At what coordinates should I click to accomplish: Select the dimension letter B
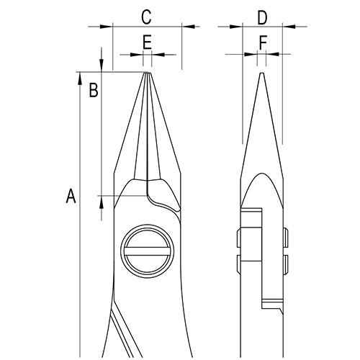93,90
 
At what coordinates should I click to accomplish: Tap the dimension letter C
146,15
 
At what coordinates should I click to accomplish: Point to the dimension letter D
262,15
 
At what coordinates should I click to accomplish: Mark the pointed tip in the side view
262,71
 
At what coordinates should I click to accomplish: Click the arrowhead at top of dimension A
79,77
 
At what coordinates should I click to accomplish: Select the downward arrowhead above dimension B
102,66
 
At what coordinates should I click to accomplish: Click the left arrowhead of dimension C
108,27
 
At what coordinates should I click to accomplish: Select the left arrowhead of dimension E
137,54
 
